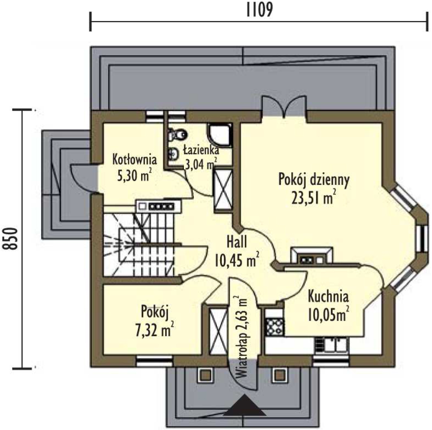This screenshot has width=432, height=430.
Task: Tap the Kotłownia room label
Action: [135, 160]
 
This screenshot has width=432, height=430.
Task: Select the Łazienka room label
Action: [201, 150]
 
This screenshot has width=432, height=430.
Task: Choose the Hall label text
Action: [237, 242]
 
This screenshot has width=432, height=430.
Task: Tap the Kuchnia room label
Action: [328, 297]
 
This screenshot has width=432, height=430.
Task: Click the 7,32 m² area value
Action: [154, 329]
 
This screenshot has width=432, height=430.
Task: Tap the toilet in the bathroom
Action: [177, 134]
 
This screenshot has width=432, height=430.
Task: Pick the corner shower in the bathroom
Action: [220, 136]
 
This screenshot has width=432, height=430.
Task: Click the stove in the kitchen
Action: [274, 326]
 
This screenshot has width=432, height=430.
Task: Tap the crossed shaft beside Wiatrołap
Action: [218, 331]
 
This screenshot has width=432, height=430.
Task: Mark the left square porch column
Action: [205, 375]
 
